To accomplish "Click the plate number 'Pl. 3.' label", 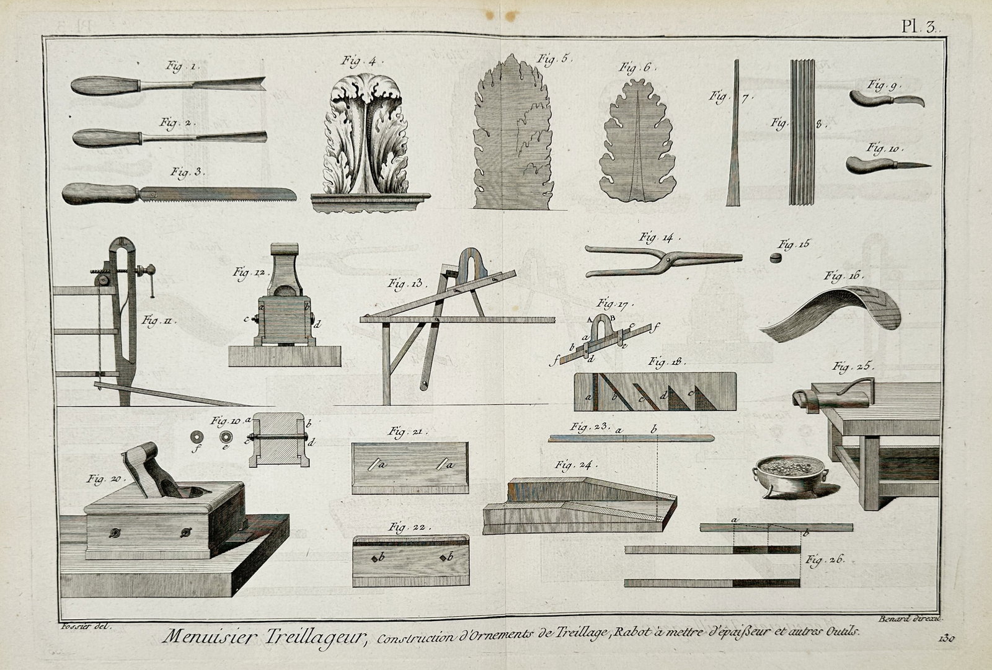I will pos(921,27).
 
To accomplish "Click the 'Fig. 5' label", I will pos(555,60).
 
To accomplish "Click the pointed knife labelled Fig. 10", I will pos(887,164).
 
